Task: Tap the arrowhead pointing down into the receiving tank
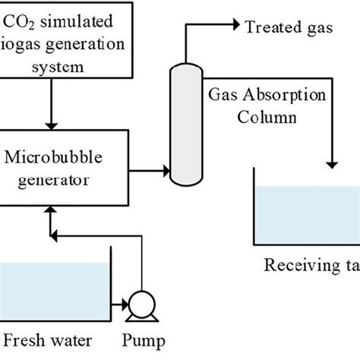click(x=333, y=165)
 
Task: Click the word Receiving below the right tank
click(x=293, y=265)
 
